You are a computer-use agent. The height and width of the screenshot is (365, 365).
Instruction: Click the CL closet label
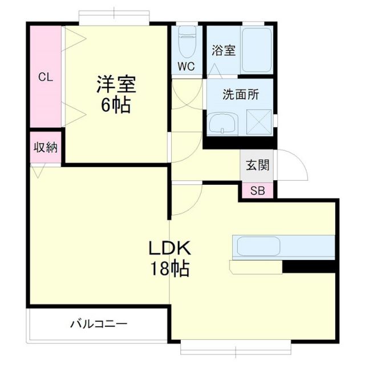click(x=46, y=78)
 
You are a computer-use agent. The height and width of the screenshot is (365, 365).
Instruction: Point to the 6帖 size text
click(x=116, y=106)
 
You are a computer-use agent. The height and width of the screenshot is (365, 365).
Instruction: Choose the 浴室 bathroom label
click(x=224, y=50)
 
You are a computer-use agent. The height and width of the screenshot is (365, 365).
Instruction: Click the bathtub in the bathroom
click(x=256, y=50)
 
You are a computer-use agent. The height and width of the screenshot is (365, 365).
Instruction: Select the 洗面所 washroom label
click(x=241, y=95)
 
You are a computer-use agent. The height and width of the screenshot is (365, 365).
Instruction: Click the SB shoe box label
click(x=257, y=190)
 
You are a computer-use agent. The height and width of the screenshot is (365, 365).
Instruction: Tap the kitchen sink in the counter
click(x=258, y=246)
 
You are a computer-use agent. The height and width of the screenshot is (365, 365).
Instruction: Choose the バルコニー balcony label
click(x=99, y=324)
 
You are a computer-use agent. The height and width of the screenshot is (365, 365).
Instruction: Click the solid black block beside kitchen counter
click(x=308, y=266)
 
